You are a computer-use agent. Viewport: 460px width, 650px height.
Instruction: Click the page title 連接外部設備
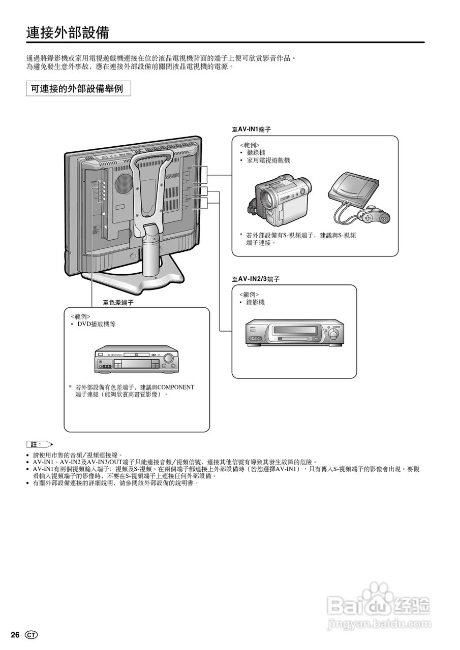point(68,33)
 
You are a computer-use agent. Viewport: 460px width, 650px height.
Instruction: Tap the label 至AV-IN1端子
point(251,129)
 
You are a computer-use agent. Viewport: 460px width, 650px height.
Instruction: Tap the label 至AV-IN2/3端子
point(256,279)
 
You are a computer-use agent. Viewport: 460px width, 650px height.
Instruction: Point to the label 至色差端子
point(118,303)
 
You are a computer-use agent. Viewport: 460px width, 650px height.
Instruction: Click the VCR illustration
point(294,333)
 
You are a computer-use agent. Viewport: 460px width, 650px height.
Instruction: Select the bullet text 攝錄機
point(256,153)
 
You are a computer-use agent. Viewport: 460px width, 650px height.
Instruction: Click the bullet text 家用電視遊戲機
point(268,160)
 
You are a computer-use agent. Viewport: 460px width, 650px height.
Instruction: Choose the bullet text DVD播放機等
point(96,324)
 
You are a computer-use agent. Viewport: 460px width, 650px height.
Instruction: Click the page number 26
point(15,635)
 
